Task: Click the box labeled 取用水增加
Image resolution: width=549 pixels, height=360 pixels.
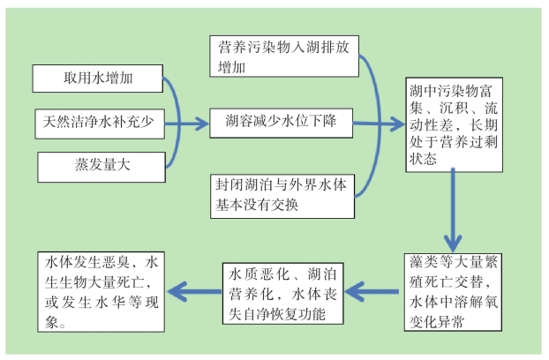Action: click(98, 79)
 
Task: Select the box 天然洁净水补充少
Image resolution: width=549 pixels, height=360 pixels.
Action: click(100, 124)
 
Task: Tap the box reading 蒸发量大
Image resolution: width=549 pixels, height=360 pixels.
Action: click(102, 167)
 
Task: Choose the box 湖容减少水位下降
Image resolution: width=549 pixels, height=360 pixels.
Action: click(282, 123)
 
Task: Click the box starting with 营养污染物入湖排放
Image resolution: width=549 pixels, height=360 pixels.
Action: click(284, 56)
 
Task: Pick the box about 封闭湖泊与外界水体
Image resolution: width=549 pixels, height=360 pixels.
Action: click(282, 196)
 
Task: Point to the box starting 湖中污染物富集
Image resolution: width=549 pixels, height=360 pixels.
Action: click(454, 125)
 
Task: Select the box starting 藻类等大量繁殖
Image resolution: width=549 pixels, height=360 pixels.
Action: click(453, 292)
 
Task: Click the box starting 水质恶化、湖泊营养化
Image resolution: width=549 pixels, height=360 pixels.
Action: click(283, 293)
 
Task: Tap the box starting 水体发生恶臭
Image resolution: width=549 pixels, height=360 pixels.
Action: click(102, 291)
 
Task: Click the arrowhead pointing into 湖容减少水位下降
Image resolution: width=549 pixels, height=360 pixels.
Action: click(202, 124)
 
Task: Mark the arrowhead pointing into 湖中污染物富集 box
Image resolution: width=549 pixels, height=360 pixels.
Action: click(398, 124)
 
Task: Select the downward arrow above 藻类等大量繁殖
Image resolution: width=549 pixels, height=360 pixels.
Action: click(453, 210)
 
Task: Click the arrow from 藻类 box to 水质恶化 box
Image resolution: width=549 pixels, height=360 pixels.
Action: click(372, 291)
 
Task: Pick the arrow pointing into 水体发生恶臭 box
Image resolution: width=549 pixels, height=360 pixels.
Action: click(195, 291)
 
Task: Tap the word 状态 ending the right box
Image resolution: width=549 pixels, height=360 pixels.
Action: click(423, 159)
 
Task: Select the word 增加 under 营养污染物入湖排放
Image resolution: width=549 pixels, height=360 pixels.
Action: click(231, 67)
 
